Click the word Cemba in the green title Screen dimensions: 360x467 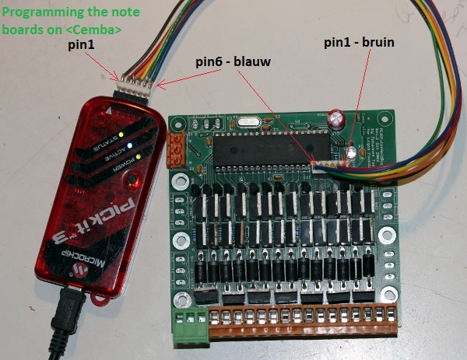pos(99,30)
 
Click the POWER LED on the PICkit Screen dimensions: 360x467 pos(138,158)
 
